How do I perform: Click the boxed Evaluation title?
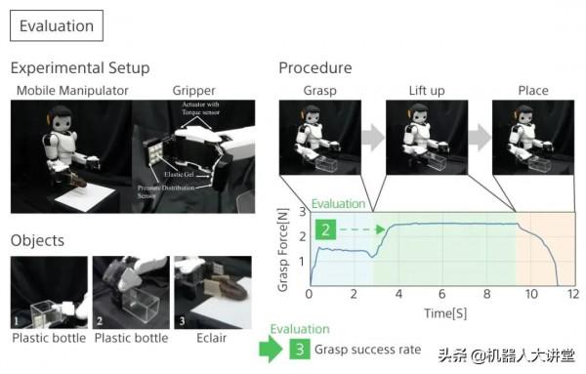click(x=57, y=26)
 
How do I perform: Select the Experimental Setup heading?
click(x=80, y=68)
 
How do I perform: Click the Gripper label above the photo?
click(x=194, y=91)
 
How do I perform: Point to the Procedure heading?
click(x=315, y=68)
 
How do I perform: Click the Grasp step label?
click(x=319, y=91)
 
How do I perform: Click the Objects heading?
click(x=38, y=240)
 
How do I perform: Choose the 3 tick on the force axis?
click(x=302, y=212)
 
